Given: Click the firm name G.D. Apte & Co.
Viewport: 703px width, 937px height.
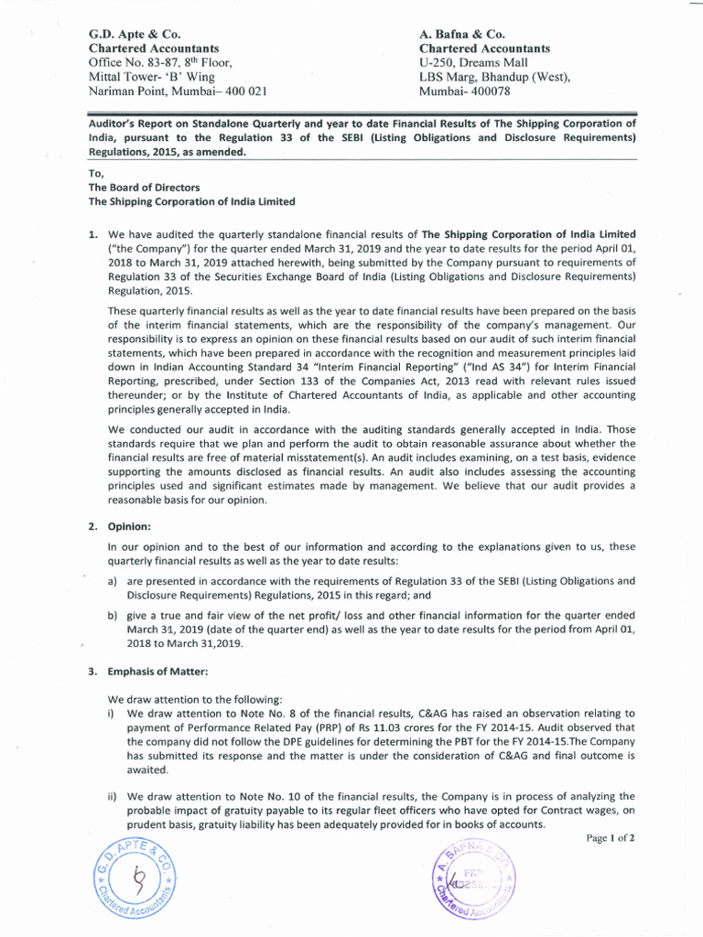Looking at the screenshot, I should tap(134, 34).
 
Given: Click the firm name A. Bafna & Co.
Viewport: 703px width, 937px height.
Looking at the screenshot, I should tap(462, 34).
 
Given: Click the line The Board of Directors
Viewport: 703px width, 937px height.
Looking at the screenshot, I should tap(144, 188).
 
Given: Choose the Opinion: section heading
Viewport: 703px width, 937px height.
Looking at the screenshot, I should tap(130, 527).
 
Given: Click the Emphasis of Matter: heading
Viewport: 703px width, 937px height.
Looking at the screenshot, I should tap(157, 672).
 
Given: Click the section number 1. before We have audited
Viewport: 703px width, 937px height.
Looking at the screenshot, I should tap(93, 234).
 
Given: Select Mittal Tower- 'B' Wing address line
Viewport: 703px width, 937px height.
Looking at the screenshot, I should tap(151, 77).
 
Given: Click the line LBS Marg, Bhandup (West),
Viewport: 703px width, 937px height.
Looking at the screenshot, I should tap(494, 77).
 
